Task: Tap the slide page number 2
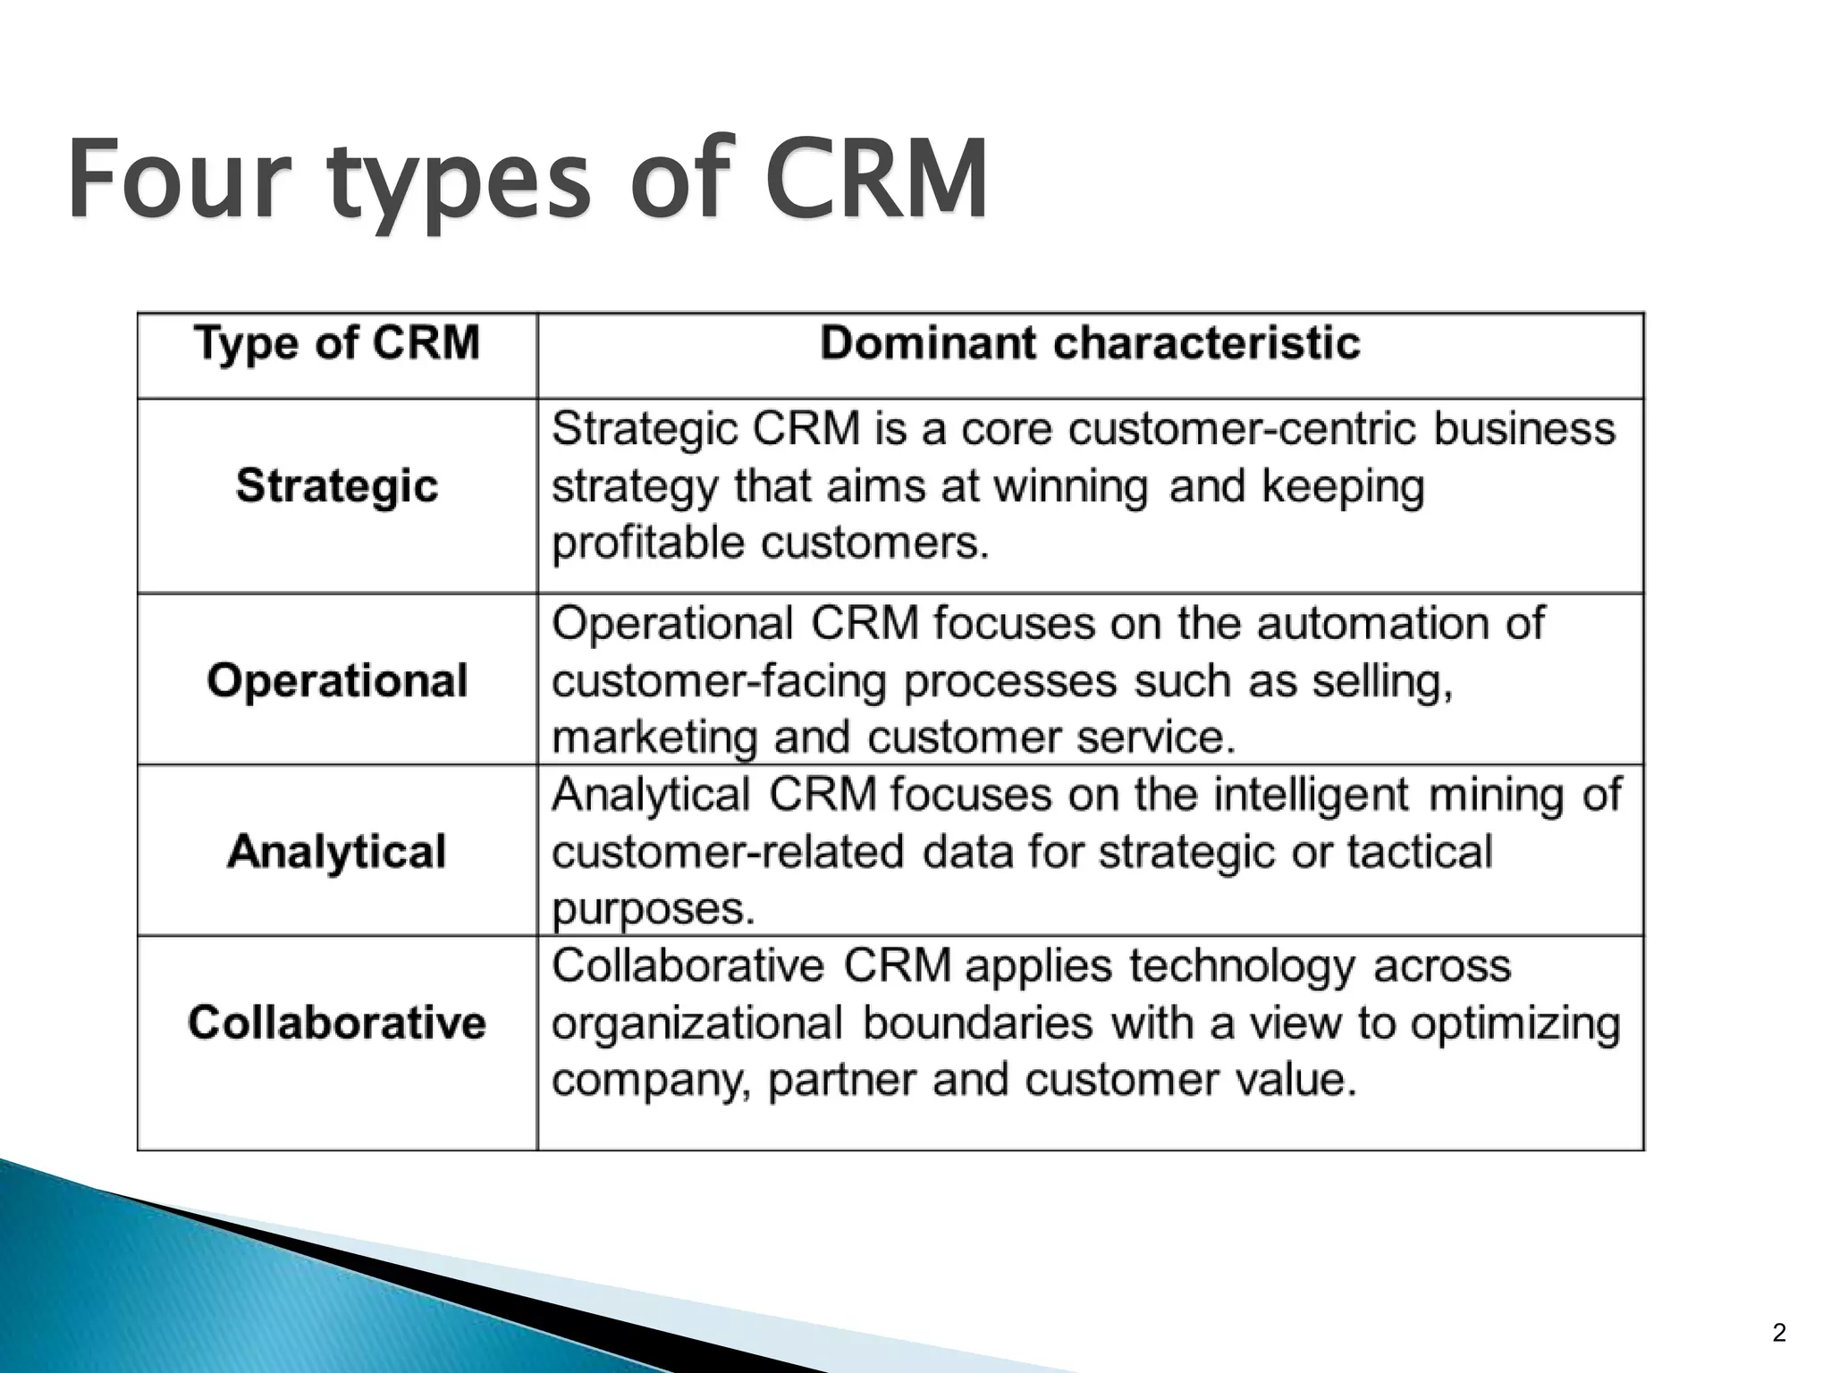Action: point(1779,1333)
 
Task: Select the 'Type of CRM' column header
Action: point(337,344)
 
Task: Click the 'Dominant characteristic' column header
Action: point(1090,344)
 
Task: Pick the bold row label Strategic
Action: point(337,487)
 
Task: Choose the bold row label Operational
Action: point(337,681)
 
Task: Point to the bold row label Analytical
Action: point(337,851)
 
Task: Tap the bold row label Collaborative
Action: point(337,1023)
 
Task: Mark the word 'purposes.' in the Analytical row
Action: point(654,909)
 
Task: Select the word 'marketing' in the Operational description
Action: point(654,737)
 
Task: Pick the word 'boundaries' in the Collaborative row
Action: point(977,1023)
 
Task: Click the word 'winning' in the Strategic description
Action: point(1070,487)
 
